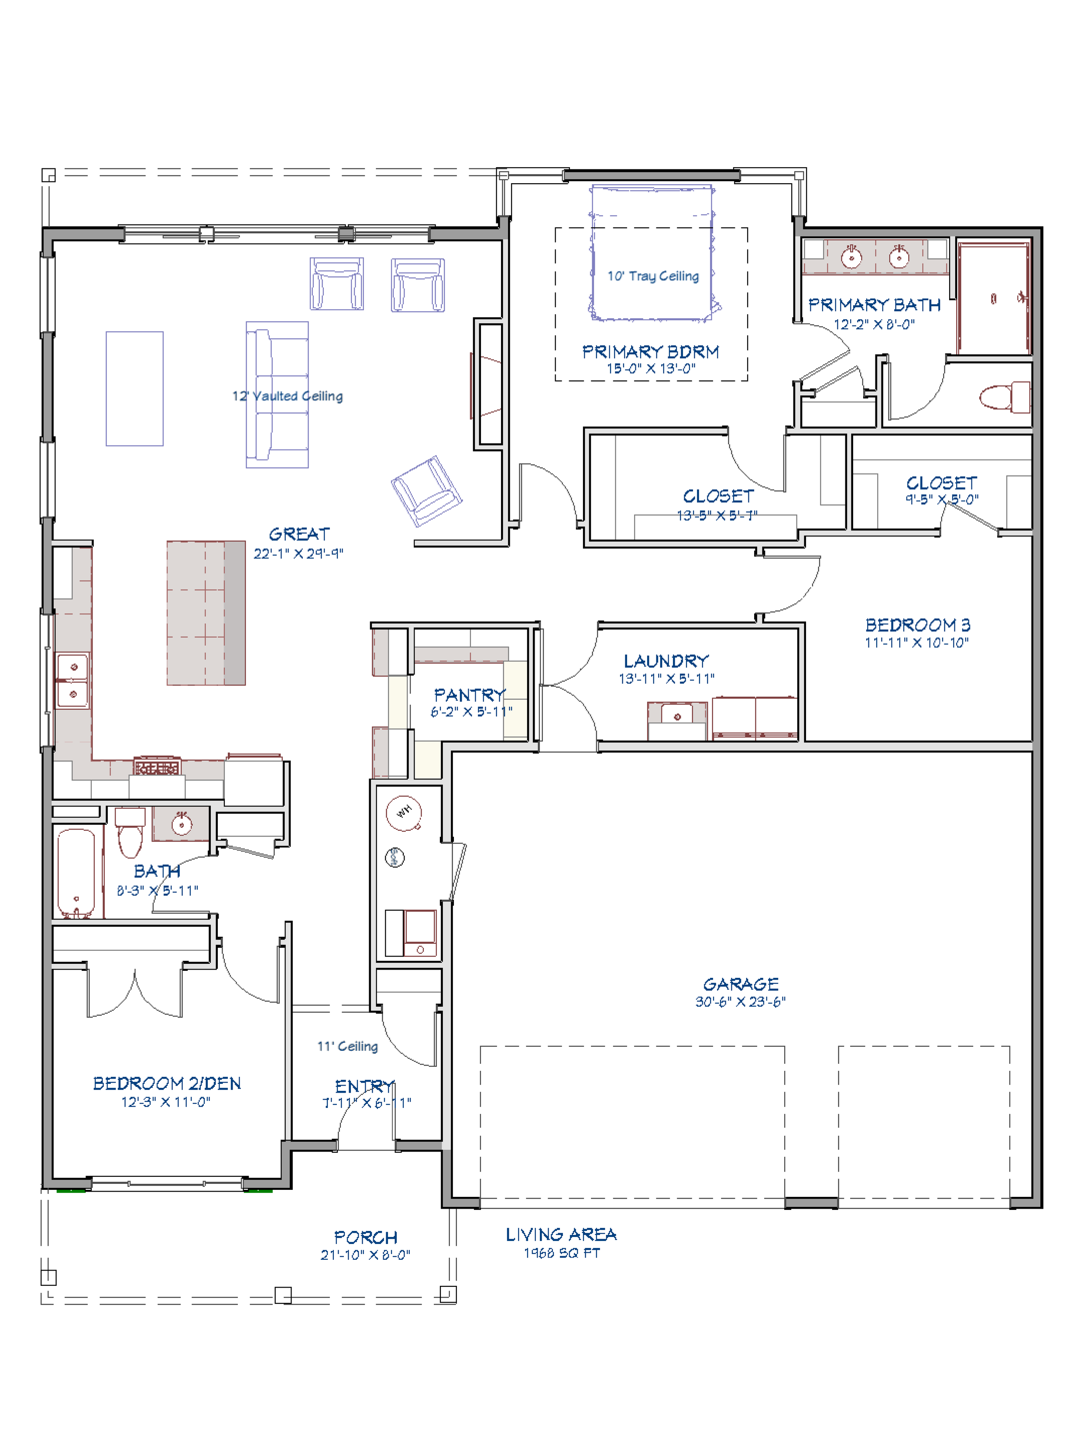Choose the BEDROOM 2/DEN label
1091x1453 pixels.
pos(167,1083)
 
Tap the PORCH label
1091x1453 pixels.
pos(366,1237)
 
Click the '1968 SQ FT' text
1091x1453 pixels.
pos(562,1253)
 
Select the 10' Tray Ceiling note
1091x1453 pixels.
pos(653,276)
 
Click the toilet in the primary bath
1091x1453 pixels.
pos(1005,397)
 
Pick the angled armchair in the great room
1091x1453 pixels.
pos(426,491)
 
